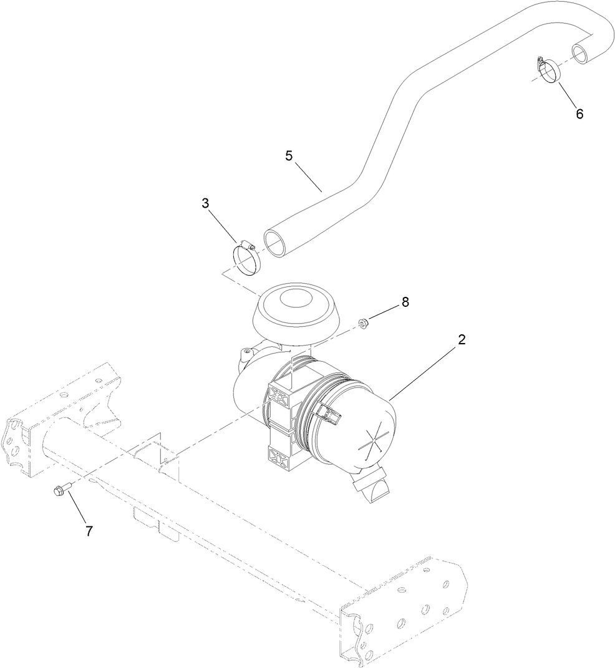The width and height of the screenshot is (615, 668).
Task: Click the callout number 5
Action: click(x=289, y=156)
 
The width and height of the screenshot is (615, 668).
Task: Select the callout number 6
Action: click(x=579, y=114)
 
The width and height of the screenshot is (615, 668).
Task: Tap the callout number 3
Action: click(x=205, y=203)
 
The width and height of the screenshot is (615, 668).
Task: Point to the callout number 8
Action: click(x=405, y=302)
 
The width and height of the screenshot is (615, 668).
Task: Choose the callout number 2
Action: click(x=462, y=340)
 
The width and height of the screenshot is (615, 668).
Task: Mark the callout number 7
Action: click(x=89, y=531)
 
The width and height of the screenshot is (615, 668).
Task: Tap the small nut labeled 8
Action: click(x=362, y=322)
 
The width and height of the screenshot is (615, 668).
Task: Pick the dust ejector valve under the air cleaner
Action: click(x=371, y=488)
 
